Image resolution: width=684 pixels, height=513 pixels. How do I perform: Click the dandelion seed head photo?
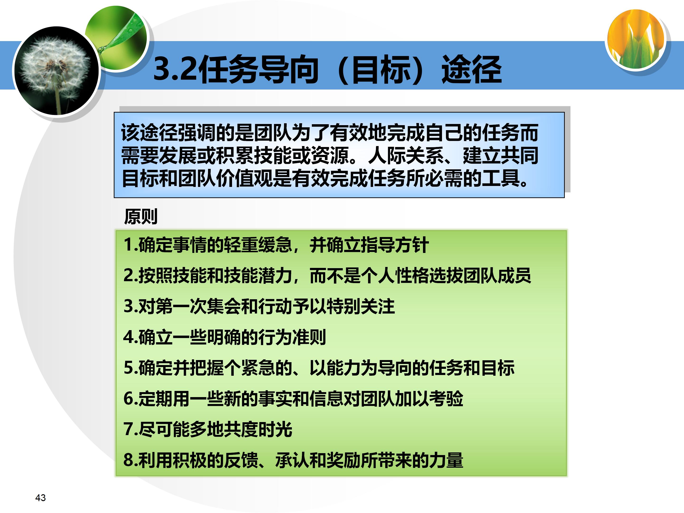pos(56,71)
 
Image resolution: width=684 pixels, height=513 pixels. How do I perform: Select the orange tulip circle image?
pos(636,39)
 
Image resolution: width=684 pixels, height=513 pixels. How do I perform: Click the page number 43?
pos(41,498)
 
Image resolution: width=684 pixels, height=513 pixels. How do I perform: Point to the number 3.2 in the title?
pos(175,69)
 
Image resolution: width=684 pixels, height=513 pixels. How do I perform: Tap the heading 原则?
pos(141,216)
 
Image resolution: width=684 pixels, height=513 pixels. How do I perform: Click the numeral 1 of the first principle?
pos(128,245)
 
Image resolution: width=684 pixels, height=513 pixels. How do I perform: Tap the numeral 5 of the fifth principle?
pos(128,368)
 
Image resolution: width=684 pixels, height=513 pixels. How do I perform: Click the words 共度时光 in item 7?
pos(258,429)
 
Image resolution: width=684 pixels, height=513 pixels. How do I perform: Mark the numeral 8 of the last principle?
pos(128,460)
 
